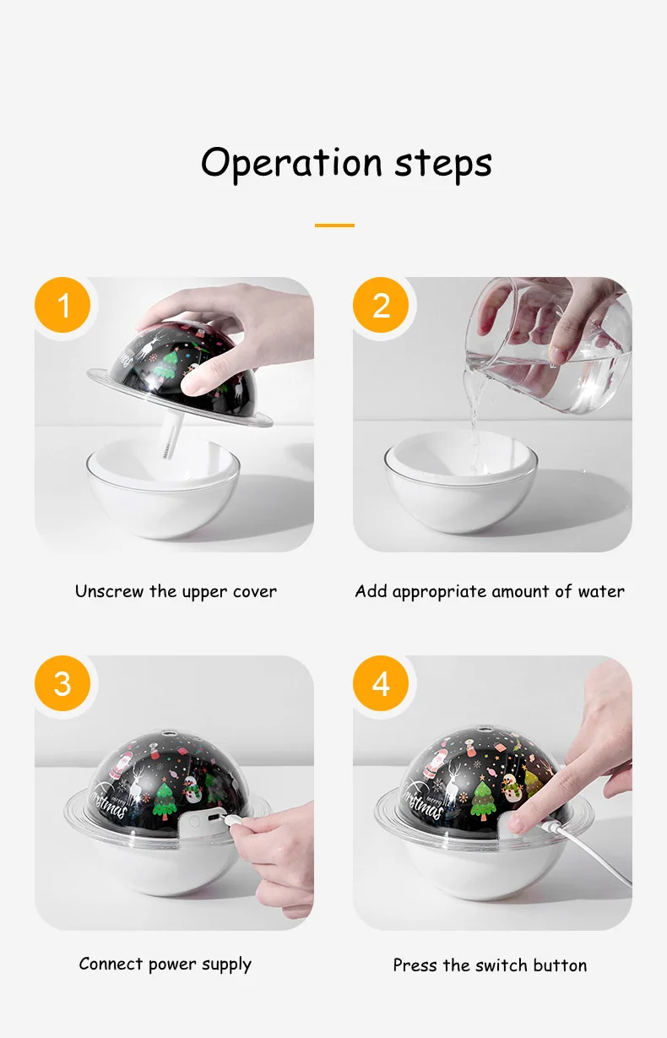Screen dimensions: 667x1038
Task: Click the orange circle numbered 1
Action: (x=62, y=305)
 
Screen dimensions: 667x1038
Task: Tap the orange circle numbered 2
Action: (x=381, y=305)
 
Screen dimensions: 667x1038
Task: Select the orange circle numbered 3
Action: (x=62, y=683)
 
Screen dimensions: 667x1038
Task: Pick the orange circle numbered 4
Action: (x=381, y=683)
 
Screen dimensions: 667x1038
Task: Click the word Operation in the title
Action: (x=291, y=164)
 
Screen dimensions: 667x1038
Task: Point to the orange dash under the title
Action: (x=334, y=226)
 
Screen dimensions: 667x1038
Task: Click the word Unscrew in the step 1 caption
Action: (x=109, y=591)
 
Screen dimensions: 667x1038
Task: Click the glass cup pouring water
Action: (x=550, y=345)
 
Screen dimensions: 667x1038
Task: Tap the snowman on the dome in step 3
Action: (x=193, y=788)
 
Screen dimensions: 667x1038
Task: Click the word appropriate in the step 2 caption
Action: (x=440, y=592)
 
